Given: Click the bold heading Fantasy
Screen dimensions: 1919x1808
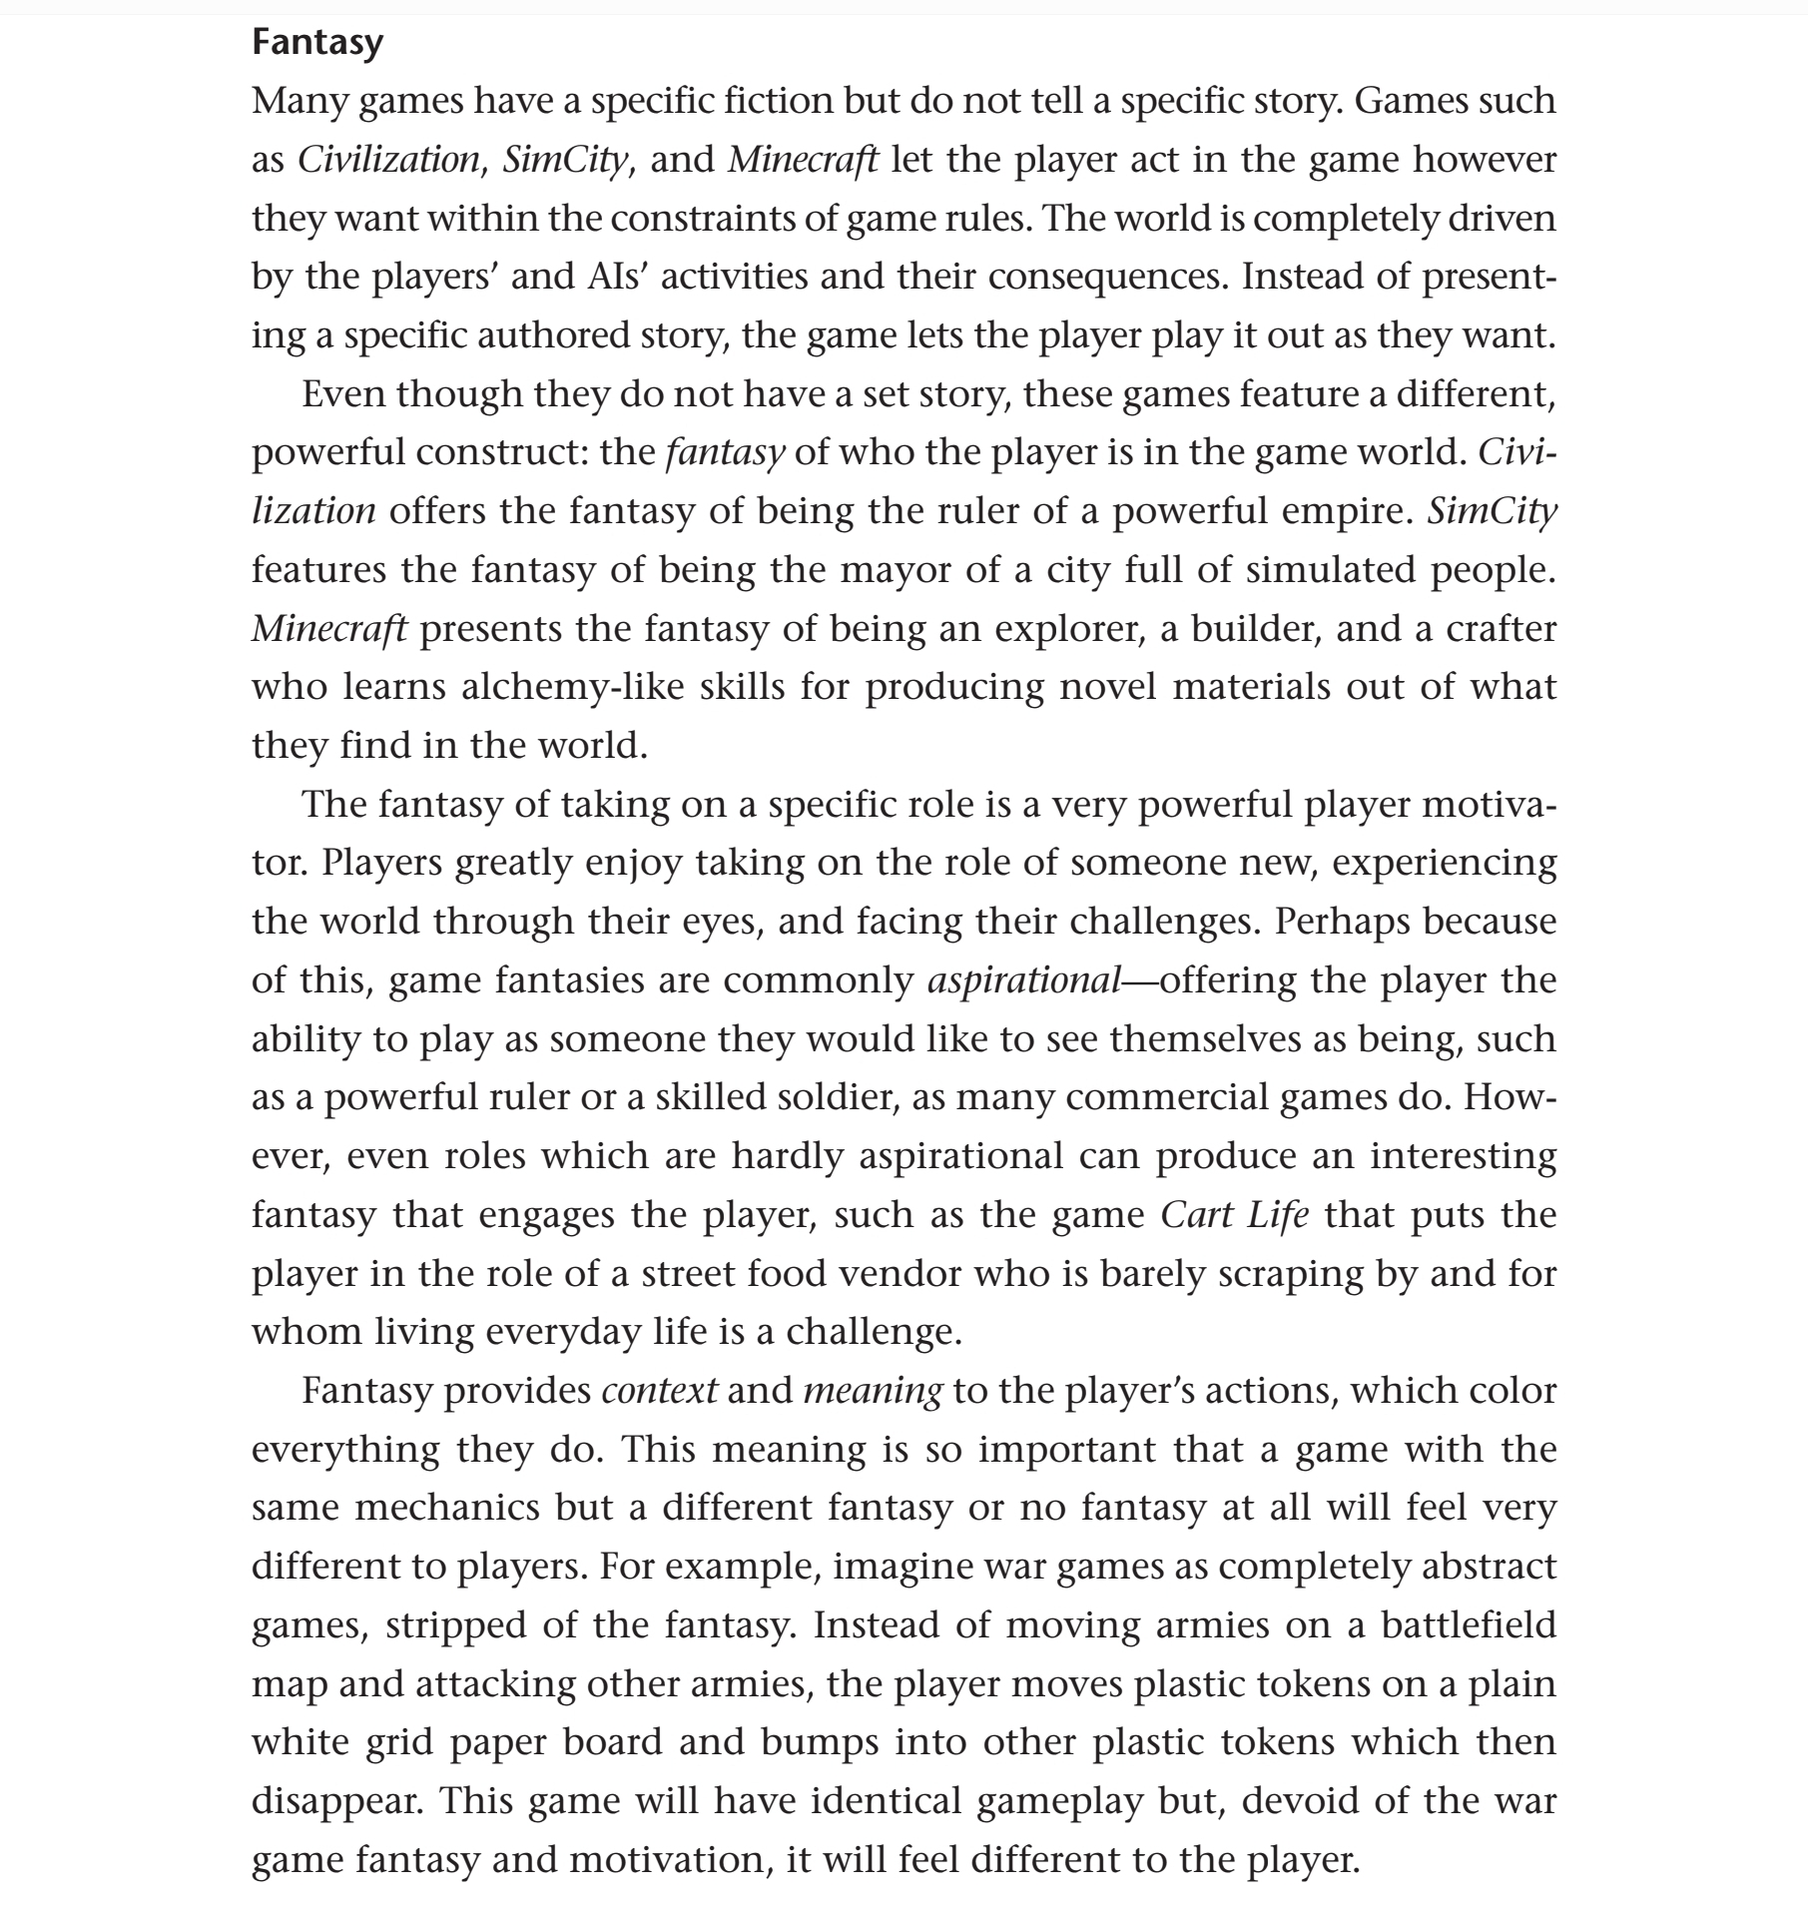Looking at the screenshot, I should (317, 42).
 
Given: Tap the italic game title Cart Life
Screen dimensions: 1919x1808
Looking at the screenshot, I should (1234, 1215).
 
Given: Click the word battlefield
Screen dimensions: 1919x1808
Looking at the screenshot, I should (1469, 1626).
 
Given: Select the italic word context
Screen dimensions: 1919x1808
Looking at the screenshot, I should (659, 1391).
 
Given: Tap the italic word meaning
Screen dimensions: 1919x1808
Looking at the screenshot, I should (872, 1391).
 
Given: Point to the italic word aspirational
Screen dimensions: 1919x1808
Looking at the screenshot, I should (1024, 980).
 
